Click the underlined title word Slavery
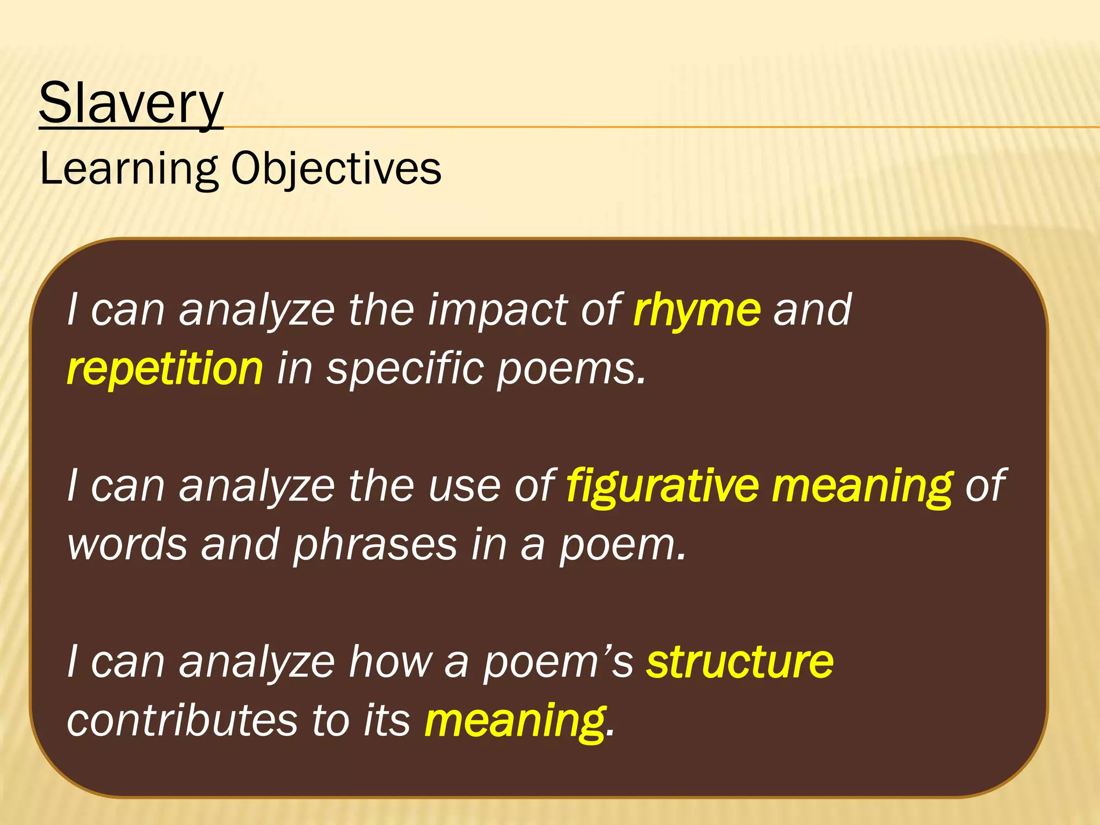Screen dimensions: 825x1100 tap(131, 103)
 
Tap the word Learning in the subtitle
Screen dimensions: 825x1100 tap(128, 169)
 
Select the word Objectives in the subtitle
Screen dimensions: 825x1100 tap(336, 169)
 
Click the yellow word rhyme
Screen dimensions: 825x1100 tap(697, 310)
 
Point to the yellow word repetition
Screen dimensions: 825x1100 tap(165, 369)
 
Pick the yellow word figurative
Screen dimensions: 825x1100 tap(662, 486)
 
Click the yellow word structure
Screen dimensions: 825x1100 tap(740, 662)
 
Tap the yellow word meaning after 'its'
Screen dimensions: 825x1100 tap(515, 721)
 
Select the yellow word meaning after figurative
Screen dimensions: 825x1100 tap(862, 486)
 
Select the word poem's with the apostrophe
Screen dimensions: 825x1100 tap(558, 663)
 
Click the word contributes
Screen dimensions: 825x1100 tap(182, 721)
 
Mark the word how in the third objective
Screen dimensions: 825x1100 tap(390, 662)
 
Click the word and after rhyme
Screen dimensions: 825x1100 tap(812, 310)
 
